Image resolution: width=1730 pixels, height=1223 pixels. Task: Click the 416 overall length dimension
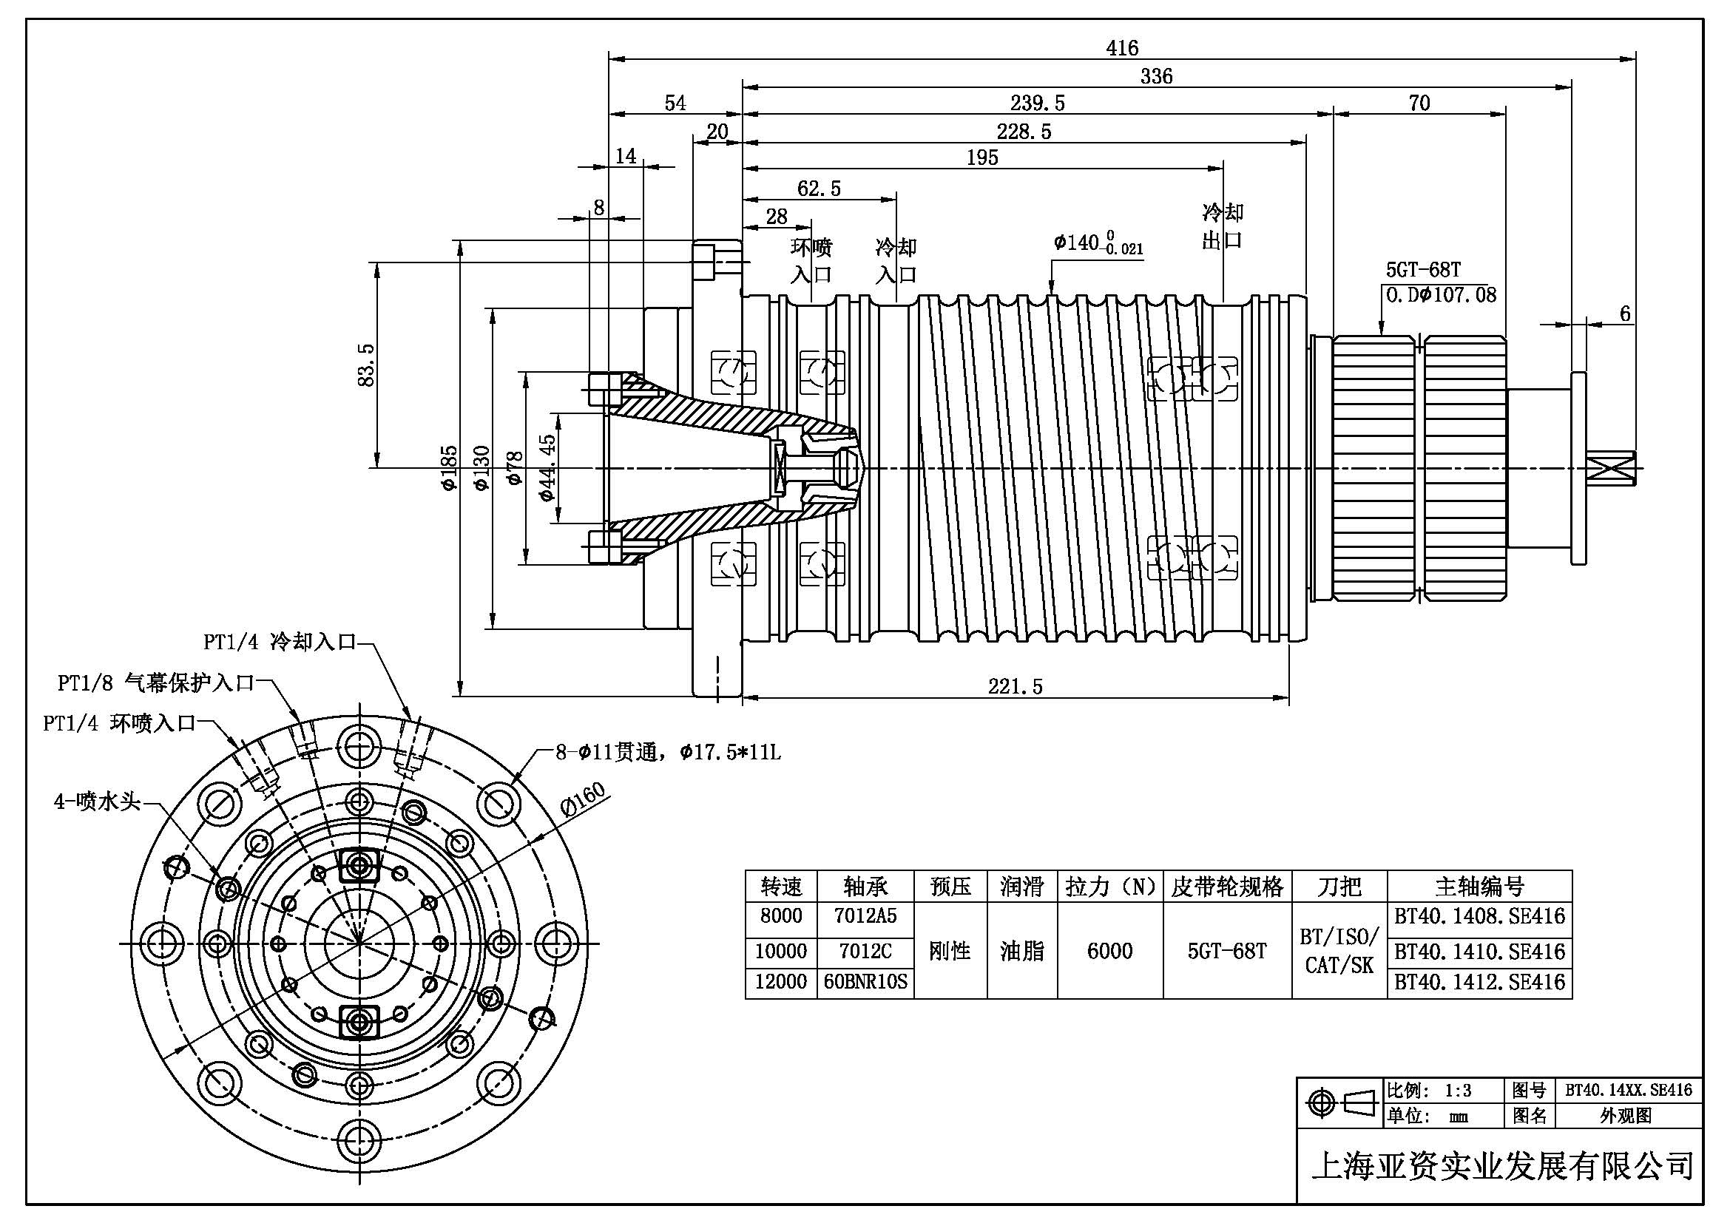click(1121, 48)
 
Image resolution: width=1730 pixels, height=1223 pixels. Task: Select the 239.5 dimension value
click(1038, 104)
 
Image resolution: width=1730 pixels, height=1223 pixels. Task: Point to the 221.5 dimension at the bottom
click(1015, 686)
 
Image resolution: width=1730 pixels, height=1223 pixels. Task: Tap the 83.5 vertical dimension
click(366, 365)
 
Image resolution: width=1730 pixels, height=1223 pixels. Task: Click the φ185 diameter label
click(448, 467)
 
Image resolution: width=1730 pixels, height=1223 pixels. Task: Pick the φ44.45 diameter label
click(548, 467)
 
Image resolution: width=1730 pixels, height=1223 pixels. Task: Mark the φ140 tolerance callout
click(1098, 243)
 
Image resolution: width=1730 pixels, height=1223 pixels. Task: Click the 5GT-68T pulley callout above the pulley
click(1423, 270)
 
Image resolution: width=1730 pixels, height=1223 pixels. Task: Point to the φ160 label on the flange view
click(583, 800)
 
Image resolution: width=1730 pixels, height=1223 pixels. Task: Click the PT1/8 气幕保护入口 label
click(157, 683)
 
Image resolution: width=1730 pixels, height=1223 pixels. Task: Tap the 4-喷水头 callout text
click(97, 802)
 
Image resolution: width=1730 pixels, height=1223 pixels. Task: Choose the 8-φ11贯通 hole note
click(669, 752)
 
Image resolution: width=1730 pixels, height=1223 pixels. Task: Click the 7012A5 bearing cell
click(865, 916)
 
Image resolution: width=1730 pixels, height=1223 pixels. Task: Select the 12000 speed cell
click(780, 982)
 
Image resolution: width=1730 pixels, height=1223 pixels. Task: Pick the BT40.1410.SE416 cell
click(1479, 952)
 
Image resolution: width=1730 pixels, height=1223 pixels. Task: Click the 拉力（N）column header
click(1110, 887)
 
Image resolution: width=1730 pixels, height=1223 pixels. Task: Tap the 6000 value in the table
click(1110, 951)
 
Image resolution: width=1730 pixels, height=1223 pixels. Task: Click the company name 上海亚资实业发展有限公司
click(1501, 1166)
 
